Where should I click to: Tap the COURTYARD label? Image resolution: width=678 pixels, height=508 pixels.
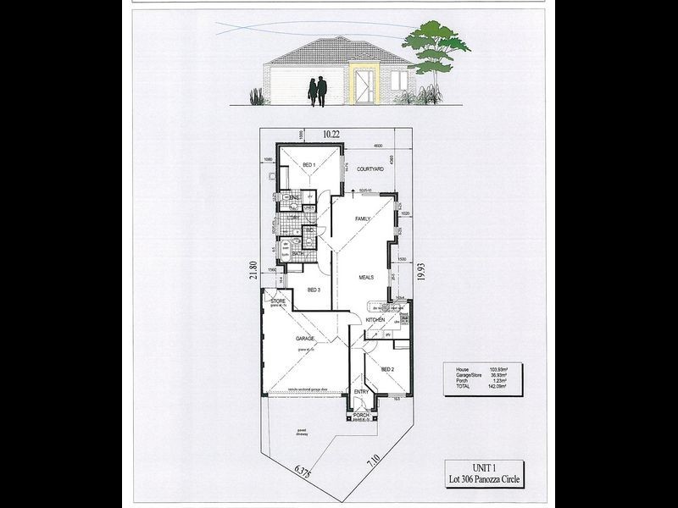coord(370,169)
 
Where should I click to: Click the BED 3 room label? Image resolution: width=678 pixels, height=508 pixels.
coord(313,290)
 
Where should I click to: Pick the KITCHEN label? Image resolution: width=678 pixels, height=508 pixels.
coord(375,320)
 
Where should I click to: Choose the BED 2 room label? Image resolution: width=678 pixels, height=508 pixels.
coord(387,370)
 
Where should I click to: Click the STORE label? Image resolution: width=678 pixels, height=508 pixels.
coord(278,301)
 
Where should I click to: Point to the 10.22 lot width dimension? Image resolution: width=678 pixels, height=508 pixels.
coord(337,133)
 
